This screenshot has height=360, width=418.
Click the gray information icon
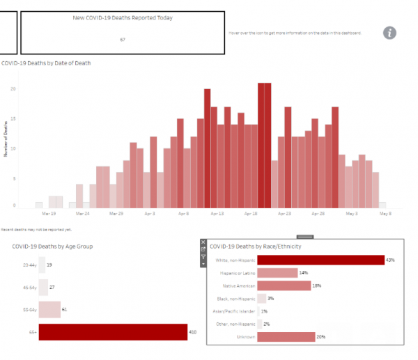tap(390, 33)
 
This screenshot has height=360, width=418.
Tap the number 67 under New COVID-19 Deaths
tap(123, 40)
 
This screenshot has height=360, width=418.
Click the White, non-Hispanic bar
tap(320, 260)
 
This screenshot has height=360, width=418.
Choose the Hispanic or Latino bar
tap(277, 273)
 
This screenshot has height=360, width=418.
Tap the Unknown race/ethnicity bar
tap(286, 337)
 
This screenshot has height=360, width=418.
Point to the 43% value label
tap(390, 260)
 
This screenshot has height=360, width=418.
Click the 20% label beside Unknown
tap(320, 337)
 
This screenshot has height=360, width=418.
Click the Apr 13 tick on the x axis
tap(217, 214)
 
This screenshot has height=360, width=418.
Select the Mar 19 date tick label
tap(49, 214)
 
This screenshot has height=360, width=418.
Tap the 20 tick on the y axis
tap(13, 89)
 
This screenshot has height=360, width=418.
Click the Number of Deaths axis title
tap(6, 139)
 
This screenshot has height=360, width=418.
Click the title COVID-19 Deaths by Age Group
tap(52, 246)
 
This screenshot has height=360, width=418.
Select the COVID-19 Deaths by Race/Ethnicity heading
tap(259, 246)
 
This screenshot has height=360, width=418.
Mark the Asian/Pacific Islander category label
tap(232, 311)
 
